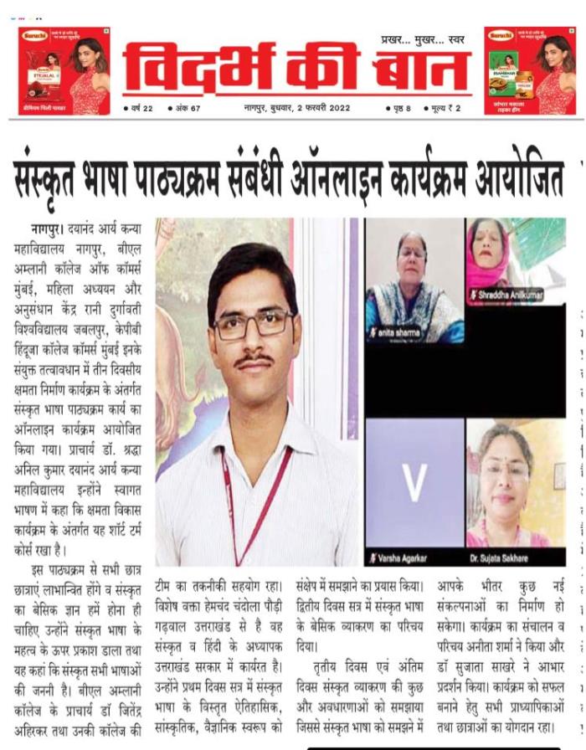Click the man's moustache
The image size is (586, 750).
(x=252, y=360)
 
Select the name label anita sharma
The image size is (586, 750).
(x=396, y=333)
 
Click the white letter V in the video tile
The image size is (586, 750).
(x=414, y=481)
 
